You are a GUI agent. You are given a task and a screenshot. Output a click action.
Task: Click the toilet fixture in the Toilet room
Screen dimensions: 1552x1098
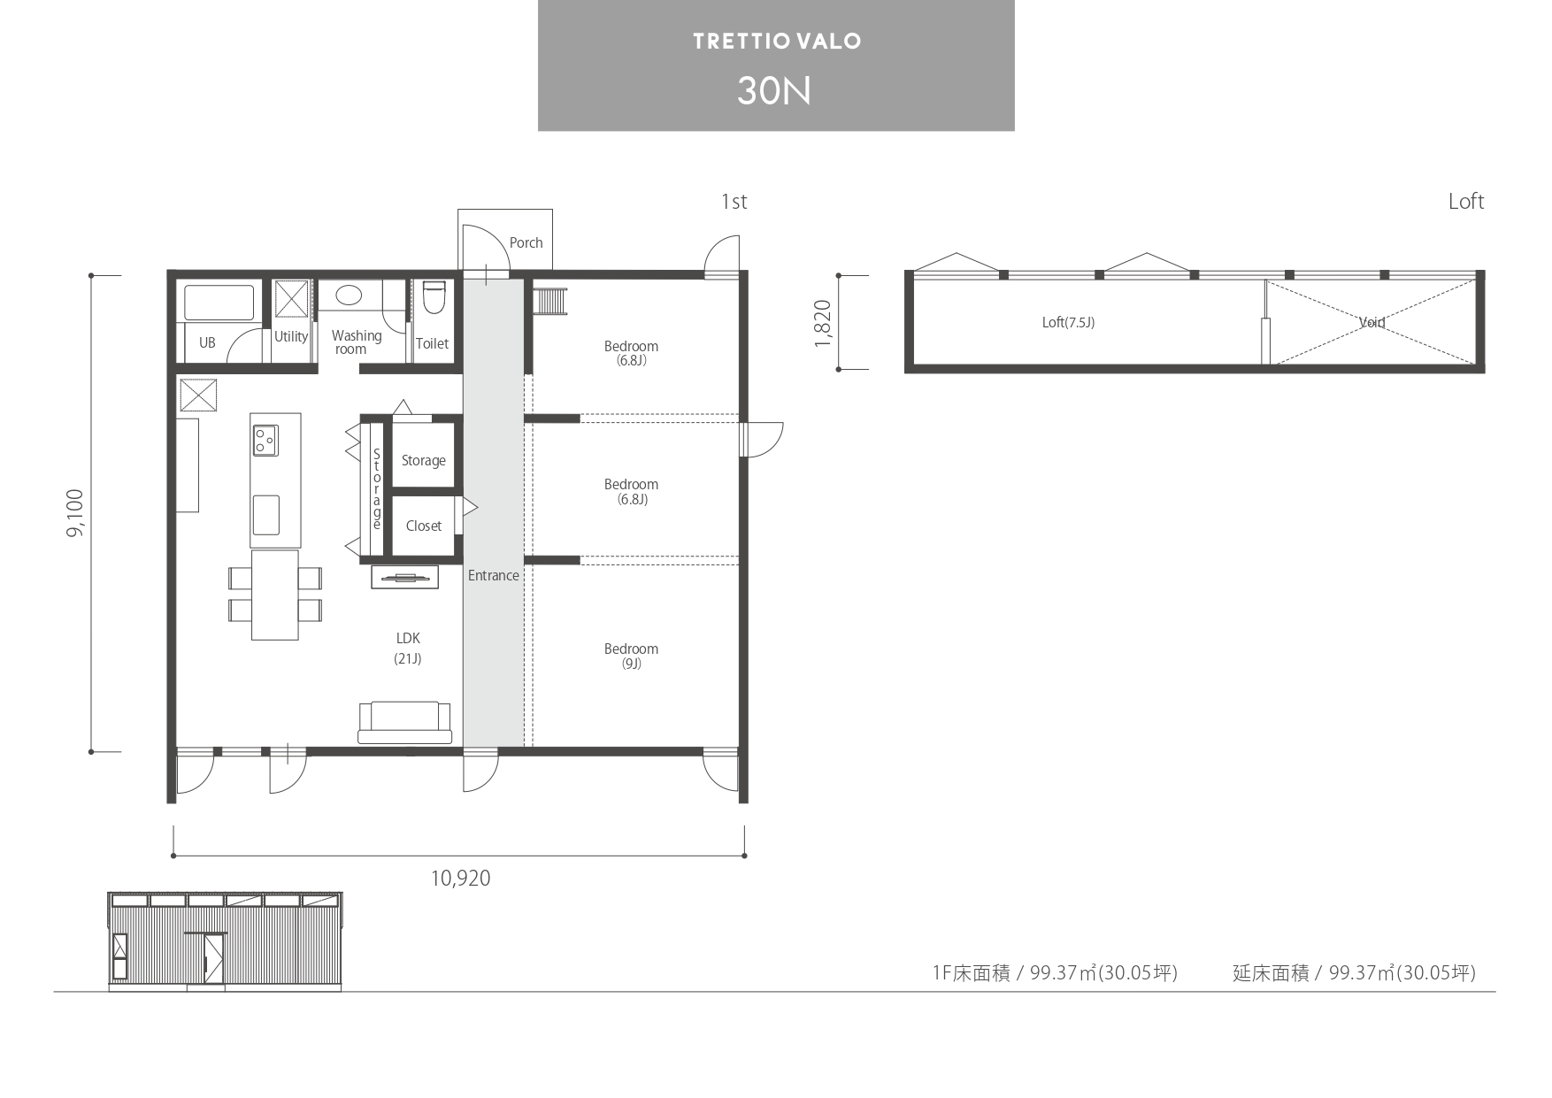[434, 298]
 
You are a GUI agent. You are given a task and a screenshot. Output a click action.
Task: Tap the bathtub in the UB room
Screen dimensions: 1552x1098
[219, 303]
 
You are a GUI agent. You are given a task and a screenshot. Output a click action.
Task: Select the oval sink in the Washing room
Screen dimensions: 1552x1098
[349, 296]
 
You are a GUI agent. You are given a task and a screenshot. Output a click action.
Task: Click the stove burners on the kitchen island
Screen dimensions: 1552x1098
[265, 440]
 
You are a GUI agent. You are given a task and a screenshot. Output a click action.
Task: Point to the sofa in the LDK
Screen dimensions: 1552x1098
[404, 722]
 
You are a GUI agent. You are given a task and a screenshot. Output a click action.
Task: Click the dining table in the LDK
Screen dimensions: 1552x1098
[274, 595]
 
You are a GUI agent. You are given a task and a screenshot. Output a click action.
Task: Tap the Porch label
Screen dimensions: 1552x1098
[526, 242]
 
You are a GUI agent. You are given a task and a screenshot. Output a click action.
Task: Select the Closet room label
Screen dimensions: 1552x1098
[424, 526]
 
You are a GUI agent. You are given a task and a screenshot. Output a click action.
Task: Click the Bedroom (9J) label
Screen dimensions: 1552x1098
[631, 656]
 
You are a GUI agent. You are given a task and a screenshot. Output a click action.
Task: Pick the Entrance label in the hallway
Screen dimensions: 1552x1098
[494, 576]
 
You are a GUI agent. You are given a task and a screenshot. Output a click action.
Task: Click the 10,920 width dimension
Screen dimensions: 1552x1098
[460, 879]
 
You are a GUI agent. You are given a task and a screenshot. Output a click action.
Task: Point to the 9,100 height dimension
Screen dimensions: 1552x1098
[76, 513]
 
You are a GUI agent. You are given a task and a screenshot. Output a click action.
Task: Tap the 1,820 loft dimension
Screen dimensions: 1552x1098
[823, 323]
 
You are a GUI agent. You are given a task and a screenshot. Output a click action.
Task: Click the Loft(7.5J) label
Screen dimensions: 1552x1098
[1068, 323]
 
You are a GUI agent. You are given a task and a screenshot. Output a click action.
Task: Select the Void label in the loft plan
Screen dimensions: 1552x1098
[1372, 323]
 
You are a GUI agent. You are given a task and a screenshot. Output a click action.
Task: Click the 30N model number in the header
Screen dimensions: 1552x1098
[774, 91]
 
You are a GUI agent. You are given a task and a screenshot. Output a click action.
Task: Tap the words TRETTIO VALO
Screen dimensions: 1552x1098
[777, 42]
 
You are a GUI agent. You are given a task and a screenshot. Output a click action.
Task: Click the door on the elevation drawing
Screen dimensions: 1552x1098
[212, 957]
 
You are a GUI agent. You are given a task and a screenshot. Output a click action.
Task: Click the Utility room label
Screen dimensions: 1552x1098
[291, 337]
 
